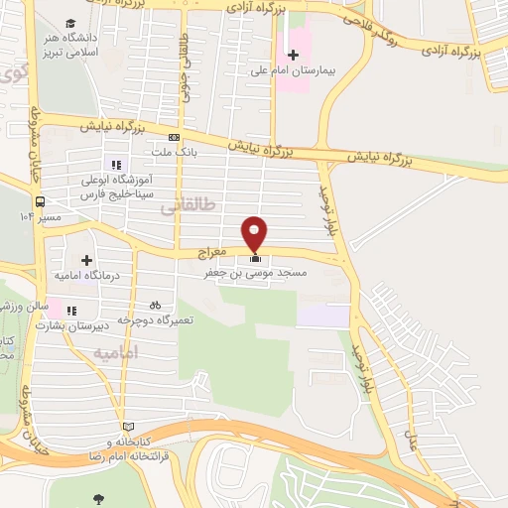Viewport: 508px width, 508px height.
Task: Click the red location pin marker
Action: [x=255, y=233]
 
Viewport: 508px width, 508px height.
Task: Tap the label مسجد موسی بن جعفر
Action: [x=264, y=272]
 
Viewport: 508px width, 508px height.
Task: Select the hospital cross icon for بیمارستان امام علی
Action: [x=292, y=54]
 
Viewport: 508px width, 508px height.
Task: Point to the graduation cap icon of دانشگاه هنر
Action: [x=70, y=23]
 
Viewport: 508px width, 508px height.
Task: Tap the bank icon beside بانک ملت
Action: [x=175, y=138]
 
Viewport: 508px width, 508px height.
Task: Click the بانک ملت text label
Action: [x=177, y=152]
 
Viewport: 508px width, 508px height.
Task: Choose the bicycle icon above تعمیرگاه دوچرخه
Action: [x=154, y=306]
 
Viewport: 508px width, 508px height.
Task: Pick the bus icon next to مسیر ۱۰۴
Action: [x=40, y=200]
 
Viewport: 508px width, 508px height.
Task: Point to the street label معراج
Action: [x=213, y=254]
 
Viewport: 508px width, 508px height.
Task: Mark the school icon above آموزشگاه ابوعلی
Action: [x=116, y=165]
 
